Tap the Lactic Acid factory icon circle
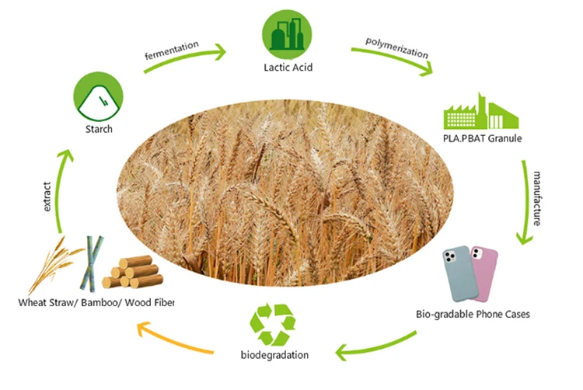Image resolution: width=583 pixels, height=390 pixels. click(x=288, y=34)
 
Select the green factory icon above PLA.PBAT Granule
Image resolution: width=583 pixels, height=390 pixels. click(x=480, y=112)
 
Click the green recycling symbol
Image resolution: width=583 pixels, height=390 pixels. click(x=274, y=324)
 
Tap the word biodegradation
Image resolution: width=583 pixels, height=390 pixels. click(x=273, y=355)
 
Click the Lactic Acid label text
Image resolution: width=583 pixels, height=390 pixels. click(x=288, y=68)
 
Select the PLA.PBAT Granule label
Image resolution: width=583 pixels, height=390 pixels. click(x=481, y=139)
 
